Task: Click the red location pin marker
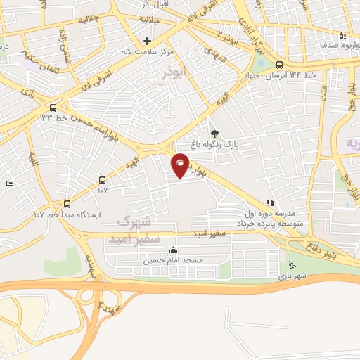181,166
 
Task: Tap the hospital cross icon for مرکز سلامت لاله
147,41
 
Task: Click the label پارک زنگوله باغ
238,144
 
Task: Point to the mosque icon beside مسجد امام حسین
174,250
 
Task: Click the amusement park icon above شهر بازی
292,265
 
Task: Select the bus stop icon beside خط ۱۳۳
53,108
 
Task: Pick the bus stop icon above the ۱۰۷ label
103,180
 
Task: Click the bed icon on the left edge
8,184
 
